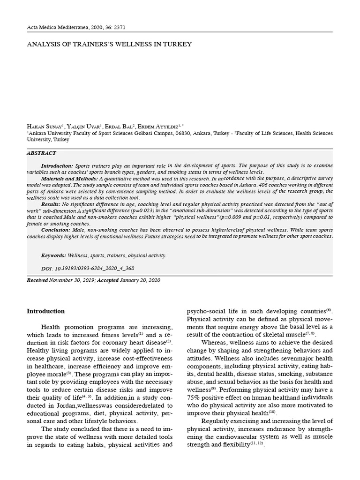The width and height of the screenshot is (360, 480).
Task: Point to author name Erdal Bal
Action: click(118, 127)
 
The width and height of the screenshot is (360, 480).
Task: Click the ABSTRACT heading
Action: click(41, 153)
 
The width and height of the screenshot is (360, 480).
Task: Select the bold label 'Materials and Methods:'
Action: click(69, 179)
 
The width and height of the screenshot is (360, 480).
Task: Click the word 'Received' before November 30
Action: click(38, 280)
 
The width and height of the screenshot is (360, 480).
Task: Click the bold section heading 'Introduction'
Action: click(45, 311)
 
